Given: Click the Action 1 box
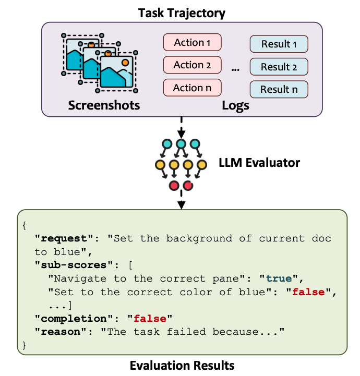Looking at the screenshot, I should pyautogui.click(x=192, y=42).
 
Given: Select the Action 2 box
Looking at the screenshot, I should pyautogui.click(x=192, y=65).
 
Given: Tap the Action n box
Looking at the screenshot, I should pyautogui.click(x=192, y=88).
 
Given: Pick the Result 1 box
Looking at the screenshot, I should pyautogui.click(x=279, y=44).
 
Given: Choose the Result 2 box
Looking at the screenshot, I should pyautogui.click(x=279, y=67).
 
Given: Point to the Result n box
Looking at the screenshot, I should pyautogui.click(x=279, y=90).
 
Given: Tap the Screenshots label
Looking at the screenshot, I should pyautogui.click(x=104, y=105).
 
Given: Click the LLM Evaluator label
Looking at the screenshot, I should pyautogui.click(x=259, y=163).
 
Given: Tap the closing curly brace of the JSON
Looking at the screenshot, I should pyautogui.click(x=24, y=345).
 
